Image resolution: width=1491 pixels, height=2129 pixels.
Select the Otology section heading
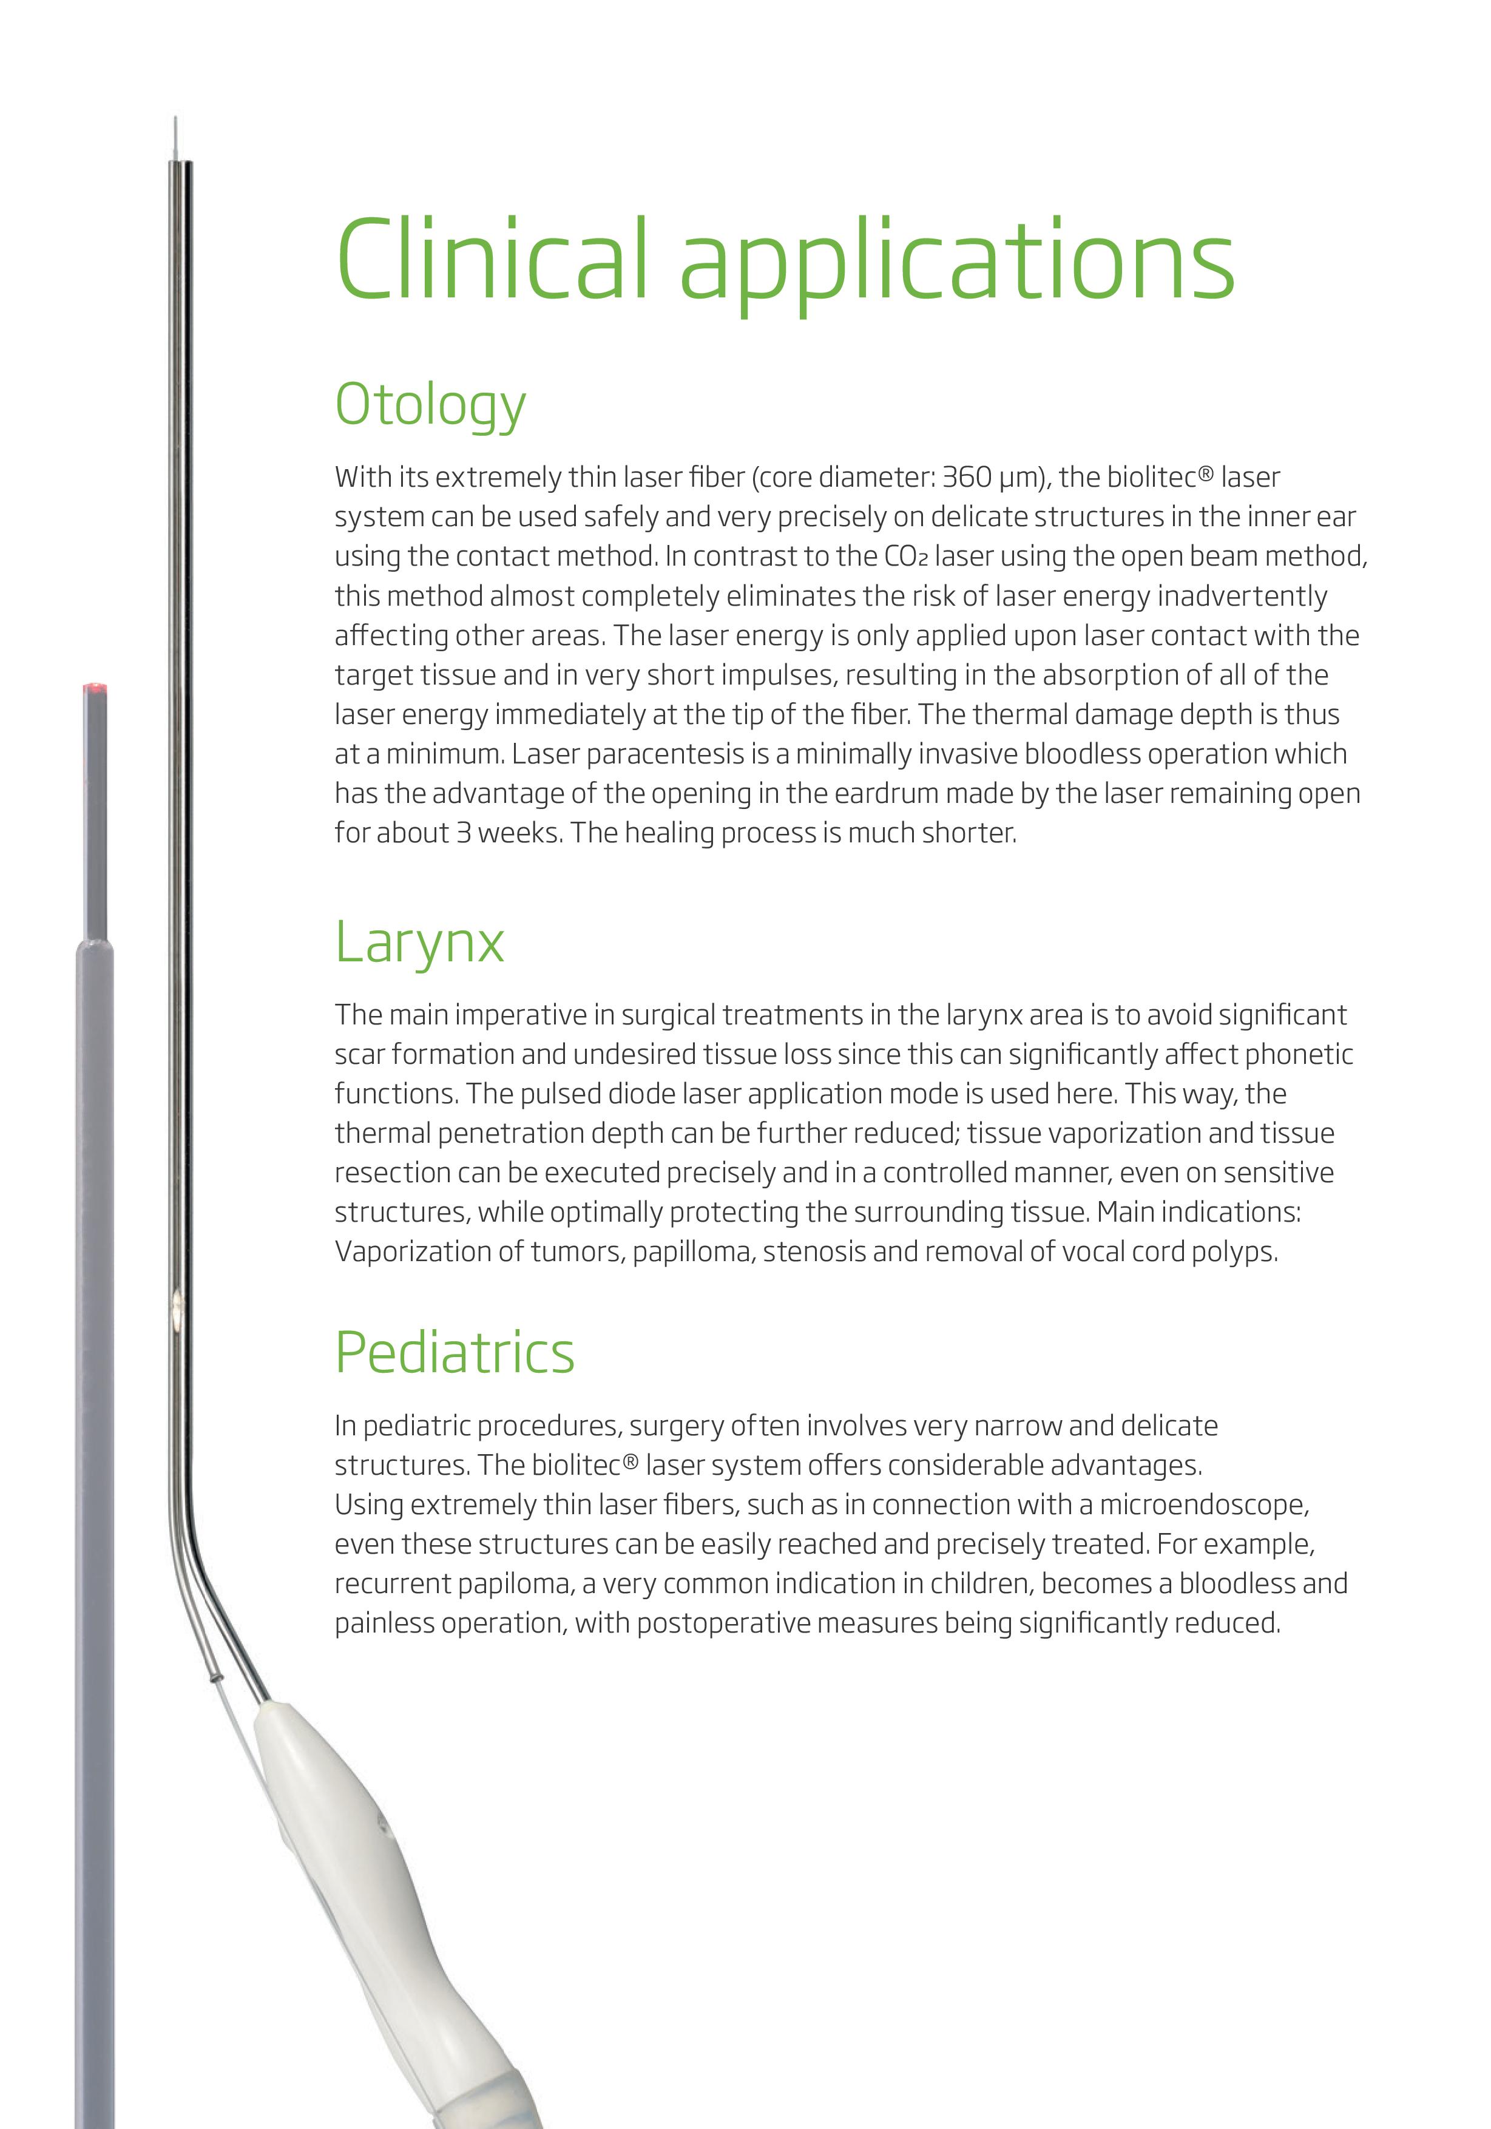tap(430, 406)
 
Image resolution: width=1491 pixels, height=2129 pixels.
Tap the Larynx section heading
tap(419, 944)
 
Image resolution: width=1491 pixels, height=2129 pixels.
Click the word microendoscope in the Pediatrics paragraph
tap(1203, 1504)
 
